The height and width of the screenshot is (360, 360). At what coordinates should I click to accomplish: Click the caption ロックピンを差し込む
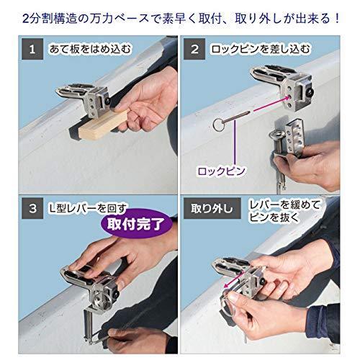click(261, 51)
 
